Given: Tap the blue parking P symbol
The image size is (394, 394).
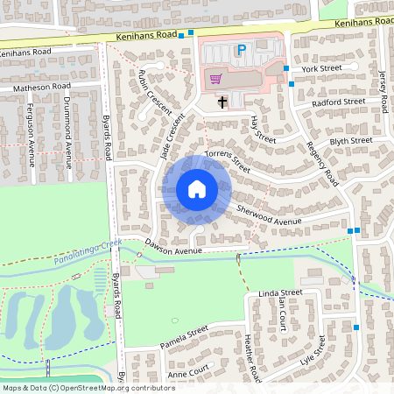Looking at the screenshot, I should coord(239,52).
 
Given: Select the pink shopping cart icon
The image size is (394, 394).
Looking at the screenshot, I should coord(215,79).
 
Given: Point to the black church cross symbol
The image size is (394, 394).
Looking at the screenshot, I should coord(222,102).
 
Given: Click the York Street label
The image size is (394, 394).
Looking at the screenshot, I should coord(320,67).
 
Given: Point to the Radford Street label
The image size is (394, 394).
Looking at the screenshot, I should coord(340,102).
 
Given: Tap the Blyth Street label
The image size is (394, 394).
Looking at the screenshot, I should coord(350,141).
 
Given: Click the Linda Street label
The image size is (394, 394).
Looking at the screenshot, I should coord(280,292).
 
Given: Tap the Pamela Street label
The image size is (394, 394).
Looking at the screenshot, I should coord(185,336).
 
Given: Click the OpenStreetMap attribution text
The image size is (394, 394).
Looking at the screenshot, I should coord(88,387).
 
